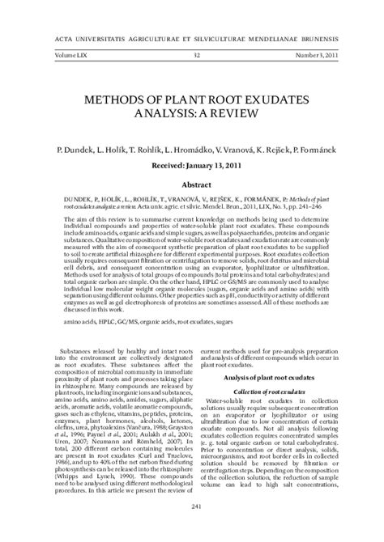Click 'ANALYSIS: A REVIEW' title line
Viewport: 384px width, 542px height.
191,114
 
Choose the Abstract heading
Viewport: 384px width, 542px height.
191,184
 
